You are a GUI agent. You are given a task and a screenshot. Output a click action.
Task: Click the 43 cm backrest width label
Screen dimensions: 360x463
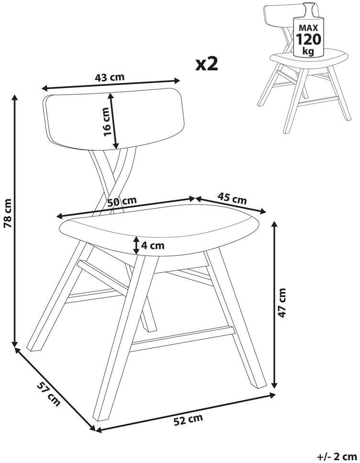point(110,77)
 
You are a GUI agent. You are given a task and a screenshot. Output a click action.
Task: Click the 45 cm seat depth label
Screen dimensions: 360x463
point(232,198)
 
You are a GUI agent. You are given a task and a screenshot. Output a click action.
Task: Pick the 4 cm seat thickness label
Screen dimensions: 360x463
point(153,245)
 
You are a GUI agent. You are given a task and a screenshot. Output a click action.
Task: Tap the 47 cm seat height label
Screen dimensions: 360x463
point(282,303)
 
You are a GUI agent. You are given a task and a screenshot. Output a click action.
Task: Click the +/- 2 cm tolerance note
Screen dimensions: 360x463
point(337,456)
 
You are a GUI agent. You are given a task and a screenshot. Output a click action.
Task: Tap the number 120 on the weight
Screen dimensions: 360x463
point(308,39)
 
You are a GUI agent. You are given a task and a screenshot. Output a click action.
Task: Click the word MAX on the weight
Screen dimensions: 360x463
point(308,28)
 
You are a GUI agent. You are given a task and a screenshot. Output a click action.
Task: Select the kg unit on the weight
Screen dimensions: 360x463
point(308,51)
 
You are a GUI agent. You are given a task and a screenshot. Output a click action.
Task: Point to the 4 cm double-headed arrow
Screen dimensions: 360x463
point(136,245)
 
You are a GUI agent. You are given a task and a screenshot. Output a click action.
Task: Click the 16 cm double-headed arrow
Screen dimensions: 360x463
point(113,121)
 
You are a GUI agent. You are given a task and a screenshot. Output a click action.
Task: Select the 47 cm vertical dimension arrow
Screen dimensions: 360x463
point(275,304)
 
